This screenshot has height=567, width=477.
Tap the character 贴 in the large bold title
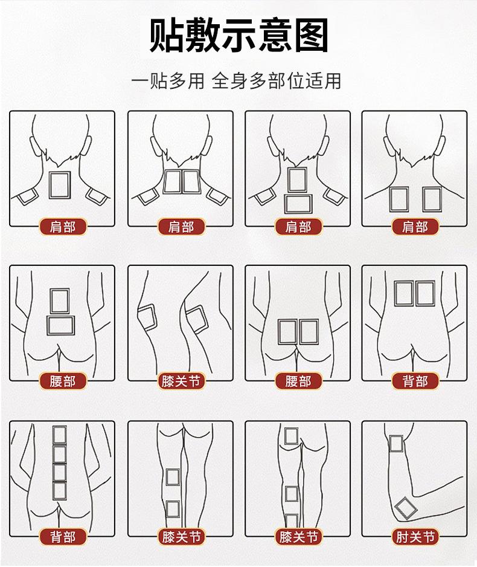click(x=167, y=35)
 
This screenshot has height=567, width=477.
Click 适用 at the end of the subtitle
click(x=323, y=80)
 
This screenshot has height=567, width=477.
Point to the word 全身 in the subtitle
click(x=229, y=80)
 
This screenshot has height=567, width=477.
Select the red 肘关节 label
click(x=415, y=537)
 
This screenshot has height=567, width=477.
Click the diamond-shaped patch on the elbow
click(x=406, y=508)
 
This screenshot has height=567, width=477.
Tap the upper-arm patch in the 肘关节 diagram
click(x=396, y=444)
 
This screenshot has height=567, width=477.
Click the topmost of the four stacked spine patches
click(x=60, y=435)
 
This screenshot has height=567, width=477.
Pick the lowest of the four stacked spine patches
click(x=60, y=491)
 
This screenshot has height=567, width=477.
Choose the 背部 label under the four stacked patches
click(x=63, y=537)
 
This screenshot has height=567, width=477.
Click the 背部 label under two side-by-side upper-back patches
click(x=415, y=381)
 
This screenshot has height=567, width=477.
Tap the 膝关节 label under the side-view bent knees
click(x=181, y=381)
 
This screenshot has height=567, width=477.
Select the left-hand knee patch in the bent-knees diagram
click(x=147, y=317)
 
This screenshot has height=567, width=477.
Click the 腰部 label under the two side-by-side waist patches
click(x=298, y=381)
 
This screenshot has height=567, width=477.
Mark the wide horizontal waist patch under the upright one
click(x=60, y=325)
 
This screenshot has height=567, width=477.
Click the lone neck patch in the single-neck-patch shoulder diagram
click(x=60, y=185)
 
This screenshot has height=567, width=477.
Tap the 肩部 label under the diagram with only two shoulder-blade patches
click(x=415, y=227)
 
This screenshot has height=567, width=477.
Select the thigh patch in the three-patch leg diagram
click(x=291, y=436)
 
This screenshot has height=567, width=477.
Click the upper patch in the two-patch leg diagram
click(x=173, y=477)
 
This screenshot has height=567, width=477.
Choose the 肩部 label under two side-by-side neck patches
click(x=181, y=227)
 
